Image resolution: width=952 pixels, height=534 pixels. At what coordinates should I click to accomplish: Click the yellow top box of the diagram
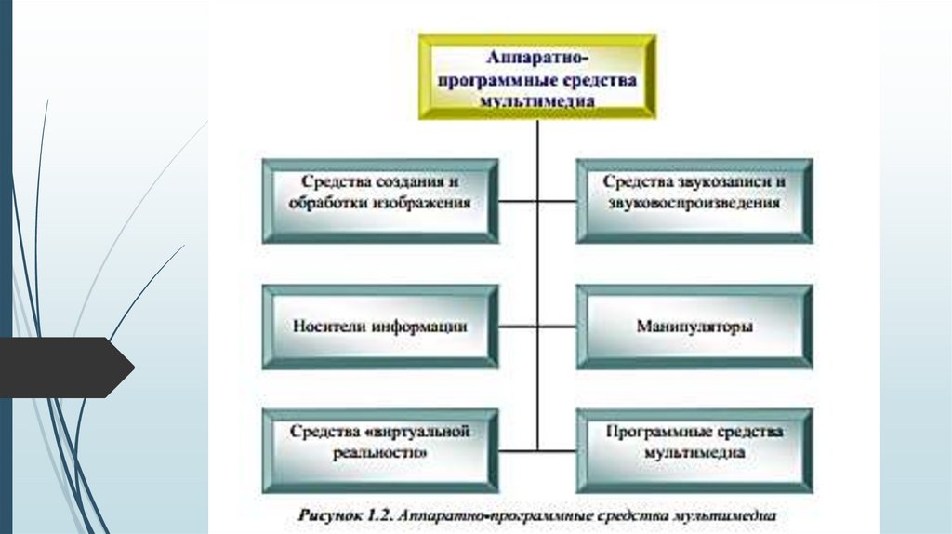(536, 76)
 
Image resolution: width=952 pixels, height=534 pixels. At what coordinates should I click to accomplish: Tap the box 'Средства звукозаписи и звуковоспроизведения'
(694, 200)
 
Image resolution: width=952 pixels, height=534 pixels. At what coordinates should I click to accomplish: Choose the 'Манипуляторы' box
(694, 327)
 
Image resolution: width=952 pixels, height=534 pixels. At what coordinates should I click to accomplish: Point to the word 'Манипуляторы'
(694, 327)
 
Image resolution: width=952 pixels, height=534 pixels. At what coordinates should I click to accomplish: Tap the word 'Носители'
(329, 327)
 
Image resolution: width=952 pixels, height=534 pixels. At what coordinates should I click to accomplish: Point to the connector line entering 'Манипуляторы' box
(557, 327)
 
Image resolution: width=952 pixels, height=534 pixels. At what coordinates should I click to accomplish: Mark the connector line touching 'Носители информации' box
(517, 327)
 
